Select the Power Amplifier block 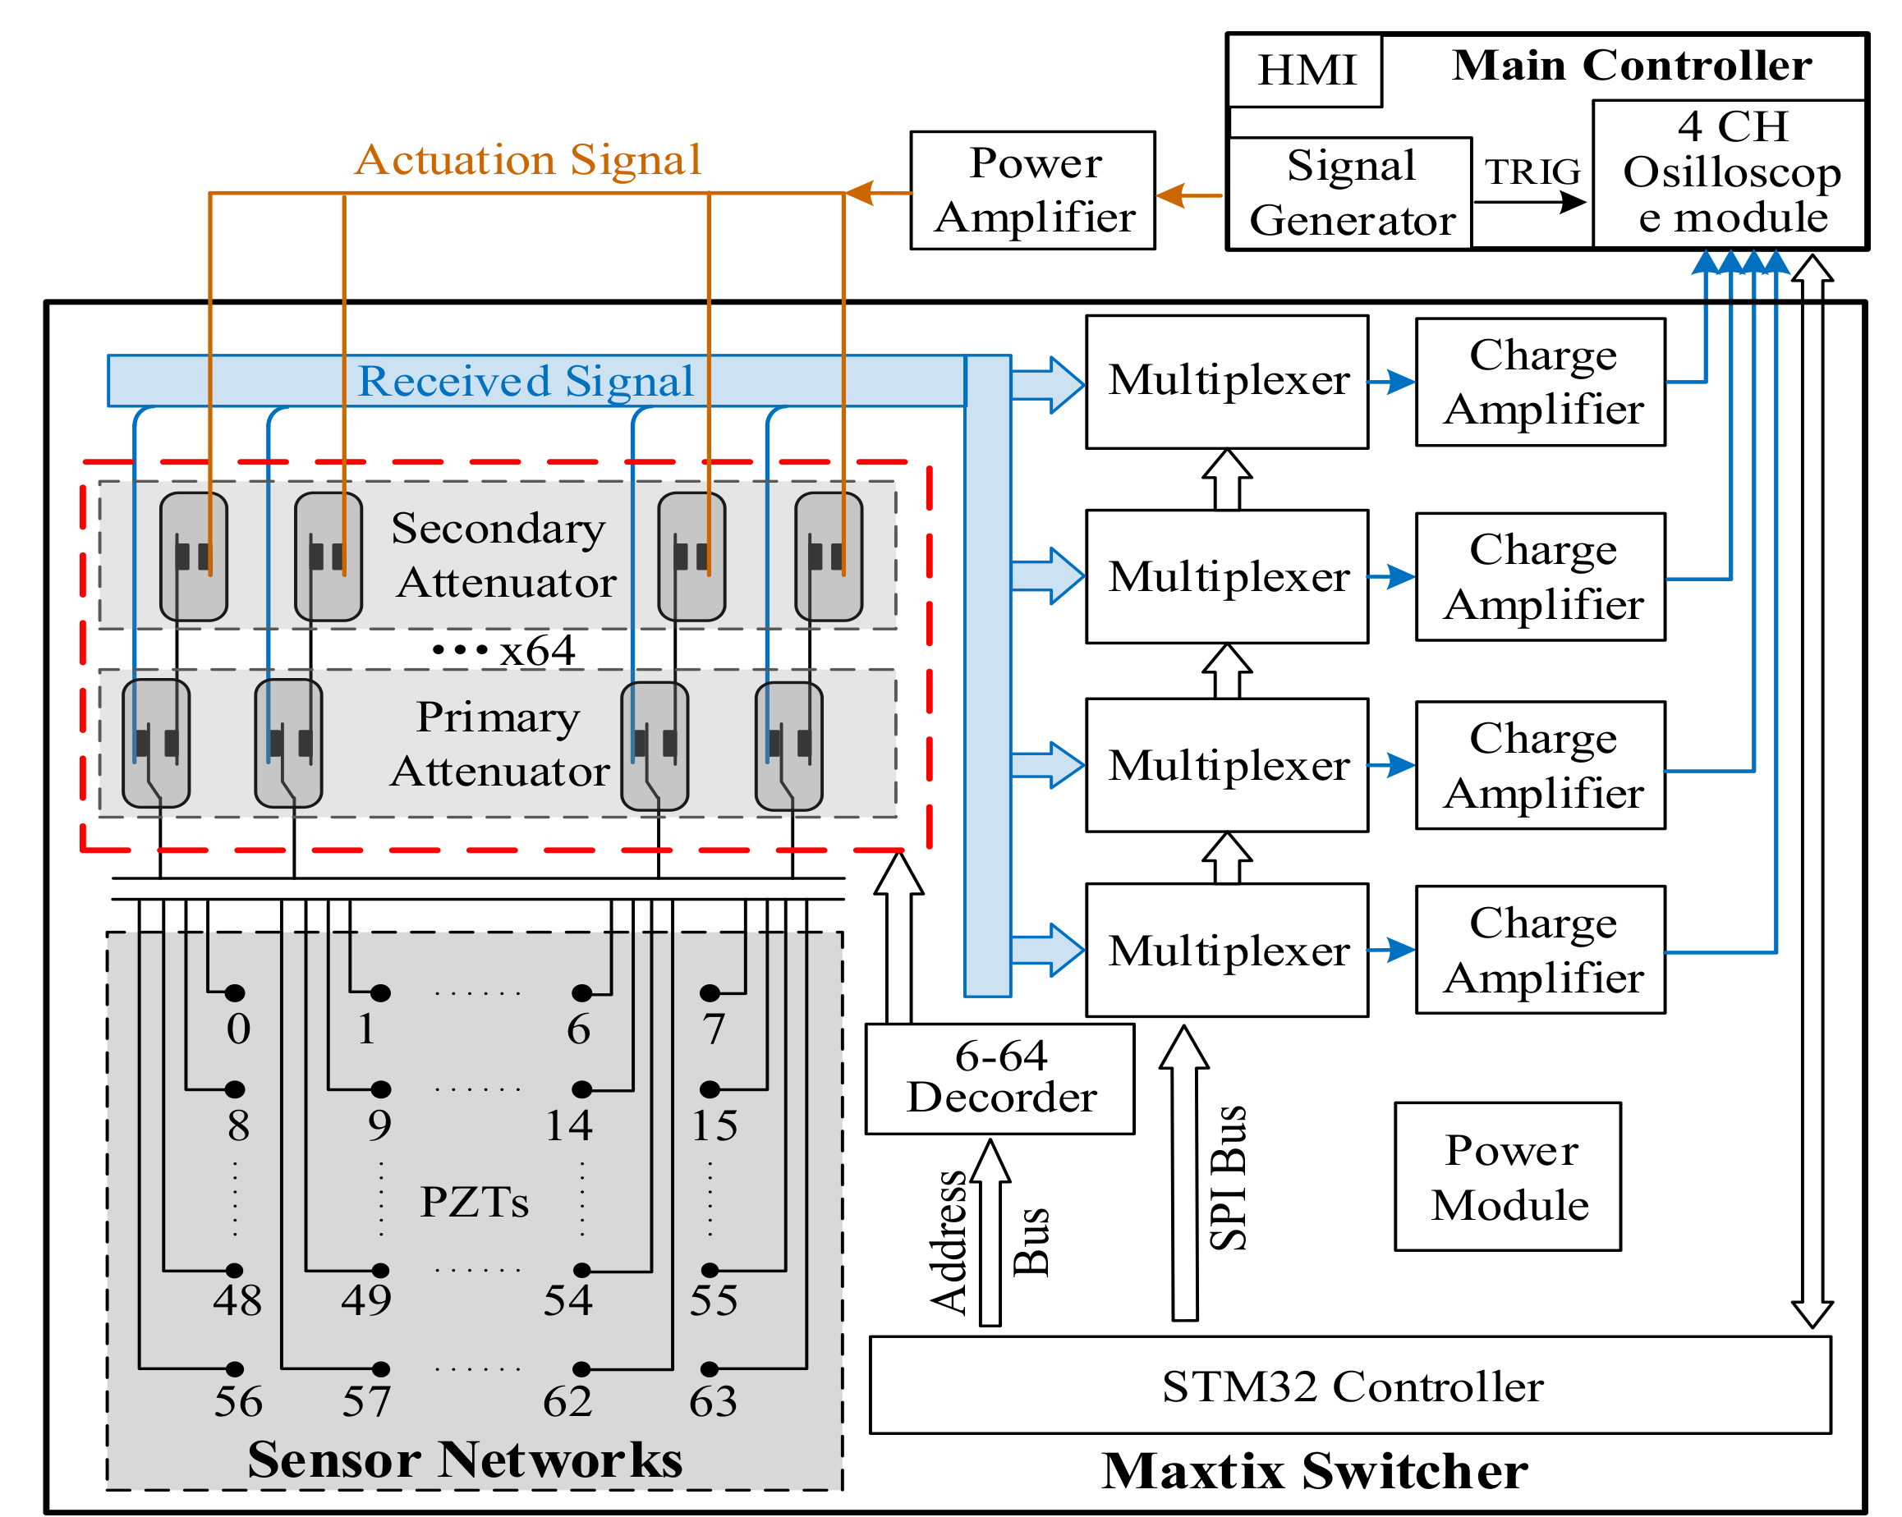(x=1032, y=190)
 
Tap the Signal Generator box (x=1350, y=193)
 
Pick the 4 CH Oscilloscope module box (x=1730, y=173)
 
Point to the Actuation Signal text (x=527, y=161)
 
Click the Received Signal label (x=526, y=382)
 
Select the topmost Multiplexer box (x=1227, y=382)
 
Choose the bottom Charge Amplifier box (x=1541, y=950)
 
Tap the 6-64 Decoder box (x=999, y=1078)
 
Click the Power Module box (x=1508, y=1176)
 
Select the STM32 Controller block (x=1350, y=1386)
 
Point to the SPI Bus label (x=1228, y=1176)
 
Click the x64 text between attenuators (x=536, y=651)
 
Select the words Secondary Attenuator (x=503, y=555)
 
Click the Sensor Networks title (x=465, y=1459)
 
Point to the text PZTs (x=475, y=1201)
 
